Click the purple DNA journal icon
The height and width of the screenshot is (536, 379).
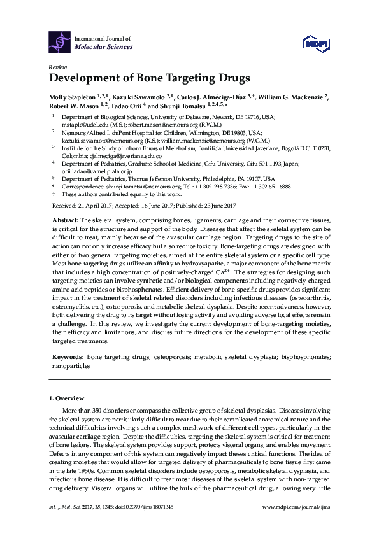point(61,43)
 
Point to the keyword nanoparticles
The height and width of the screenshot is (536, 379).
point(69,367)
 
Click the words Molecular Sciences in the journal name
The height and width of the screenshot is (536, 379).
point(104,47)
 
